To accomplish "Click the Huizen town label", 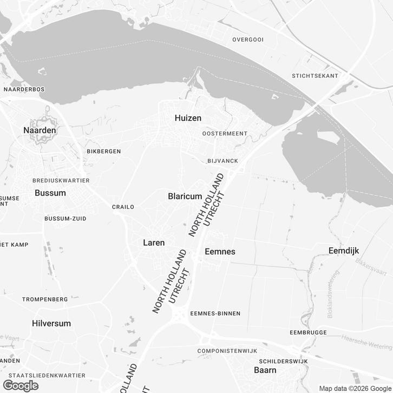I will pos(188,118).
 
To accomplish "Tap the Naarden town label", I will pos(40,130).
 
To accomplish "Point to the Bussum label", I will pos(50,193).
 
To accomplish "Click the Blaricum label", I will pos(185,196).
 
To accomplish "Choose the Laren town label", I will pos(153,243).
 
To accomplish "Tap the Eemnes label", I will pos(220,252).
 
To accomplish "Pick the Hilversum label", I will pos(51,323).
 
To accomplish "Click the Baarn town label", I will pos(265,370).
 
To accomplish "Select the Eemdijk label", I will pos(344,250).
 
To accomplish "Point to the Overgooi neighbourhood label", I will pos(247,40).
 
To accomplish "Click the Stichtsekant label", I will pos(315,76).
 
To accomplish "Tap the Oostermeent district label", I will pos(224,133).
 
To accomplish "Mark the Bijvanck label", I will pos(222,161).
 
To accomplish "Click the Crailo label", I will pos(122,207).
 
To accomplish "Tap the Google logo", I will pos(20,385).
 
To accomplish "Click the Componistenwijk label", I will pos(227,351).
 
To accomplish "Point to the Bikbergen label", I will pos(103,151).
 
